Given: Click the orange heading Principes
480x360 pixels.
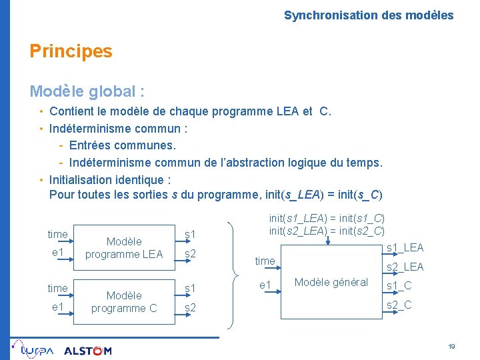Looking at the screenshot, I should [71, 51].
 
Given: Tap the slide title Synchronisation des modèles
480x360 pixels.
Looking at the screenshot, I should [368, 15].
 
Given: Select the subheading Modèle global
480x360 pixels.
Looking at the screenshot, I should [87, 91].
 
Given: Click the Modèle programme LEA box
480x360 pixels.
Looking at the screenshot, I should [124, 247].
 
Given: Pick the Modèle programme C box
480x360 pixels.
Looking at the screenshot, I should [124, 301].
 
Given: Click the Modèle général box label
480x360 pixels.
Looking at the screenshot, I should [331, 282].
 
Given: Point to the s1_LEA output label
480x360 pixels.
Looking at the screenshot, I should [405, 248].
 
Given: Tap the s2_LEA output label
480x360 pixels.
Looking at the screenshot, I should [405, 267].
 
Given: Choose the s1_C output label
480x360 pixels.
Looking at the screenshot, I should [399, 286].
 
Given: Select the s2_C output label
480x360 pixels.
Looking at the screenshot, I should [399, 305].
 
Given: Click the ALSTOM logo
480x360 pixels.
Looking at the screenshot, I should [87, 351].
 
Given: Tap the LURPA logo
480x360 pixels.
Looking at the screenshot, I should [33, 349].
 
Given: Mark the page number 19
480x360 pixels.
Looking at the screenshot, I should [451, 347].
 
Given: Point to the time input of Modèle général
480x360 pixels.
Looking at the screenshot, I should [265, 261].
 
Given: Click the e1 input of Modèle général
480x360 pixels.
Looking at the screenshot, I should [265, 286].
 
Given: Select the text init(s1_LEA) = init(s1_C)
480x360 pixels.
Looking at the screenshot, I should [327, 218].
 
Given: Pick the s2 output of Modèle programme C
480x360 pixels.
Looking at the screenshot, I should [190, 307].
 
